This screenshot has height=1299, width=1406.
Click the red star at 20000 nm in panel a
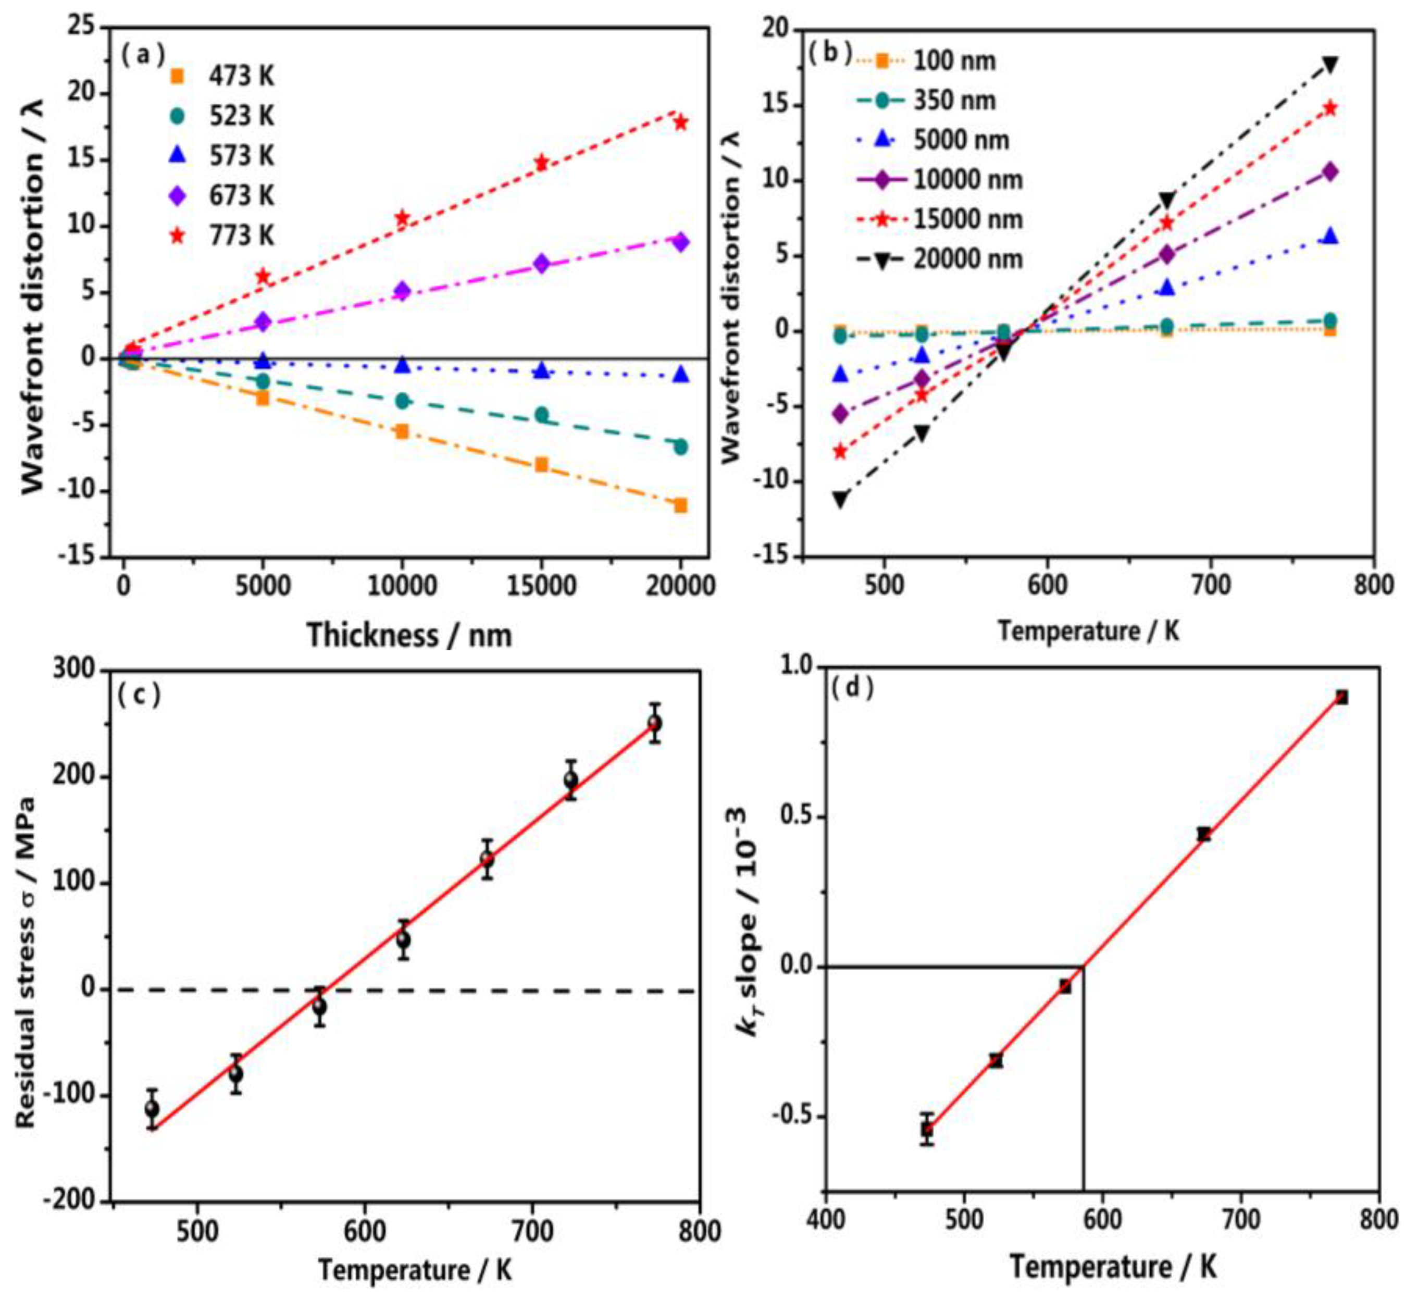(x=680, y=122)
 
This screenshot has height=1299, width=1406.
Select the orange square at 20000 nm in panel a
(x=680, y=505)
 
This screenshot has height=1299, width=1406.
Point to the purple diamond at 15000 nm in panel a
(x=541, y=264)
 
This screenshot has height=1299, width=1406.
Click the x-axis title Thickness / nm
(x=409, y=636)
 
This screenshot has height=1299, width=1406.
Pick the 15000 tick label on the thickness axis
(x=541, y=586)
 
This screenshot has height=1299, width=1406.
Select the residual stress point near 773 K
(x=654, y=723)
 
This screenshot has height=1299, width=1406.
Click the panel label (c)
(x=140, y=695)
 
